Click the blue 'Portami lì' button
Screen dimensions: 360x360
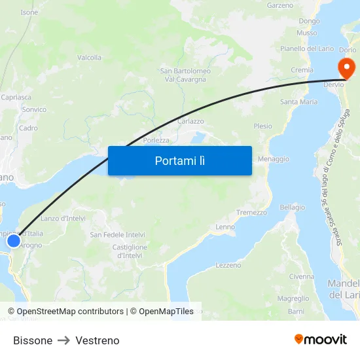(x=179, y=160)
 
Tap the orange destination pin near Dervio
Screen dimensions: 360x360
(x=345, y=67)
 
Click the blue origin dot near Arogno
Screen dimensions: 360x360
(x=14, y=241)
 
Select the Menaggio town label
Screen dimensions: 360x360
(x=274, y=159)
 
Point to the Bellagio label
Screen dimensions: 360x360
(x=293, y=207)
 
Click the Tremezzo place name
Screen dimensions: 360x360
(x=251, y=213)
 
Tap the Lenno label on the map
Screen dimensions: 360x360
(x=225, y=227)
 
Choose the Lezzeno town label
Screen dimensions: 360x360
(x=228, y=265)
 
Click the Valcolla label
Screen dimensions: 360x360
(x=90, y=58)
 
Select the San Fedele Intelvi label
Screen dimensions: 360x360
(x=117, y=234)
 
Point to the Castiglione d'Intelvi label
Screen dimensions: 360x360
(x=130, y=251)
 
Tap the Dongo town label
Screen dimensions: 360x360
(x=309, y=21)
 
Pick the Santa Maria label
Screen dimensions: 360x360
(x=298, y=102)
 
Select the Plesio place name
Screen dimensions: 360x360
(x=262, y=126)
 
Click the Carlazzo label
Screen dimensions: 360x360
(x=190, y=121)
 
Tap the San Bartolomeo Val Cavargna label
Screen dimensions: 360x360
(x=186, y=75)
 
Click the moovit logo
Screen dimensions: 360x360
(x=321, y=340)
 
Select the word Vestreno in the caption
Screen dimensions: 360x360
(x=98, y=340)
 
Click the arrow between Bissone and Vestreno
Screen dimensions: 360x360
(x=64, y=340)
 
